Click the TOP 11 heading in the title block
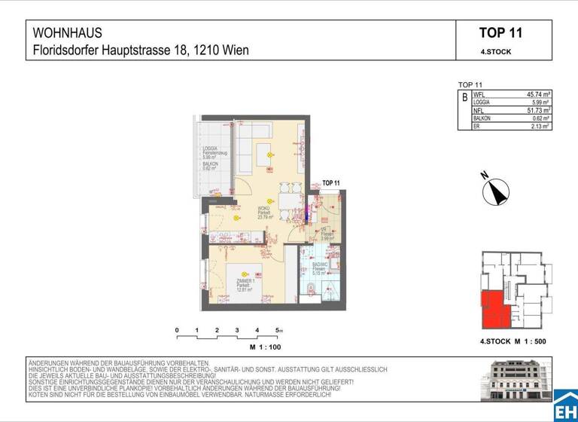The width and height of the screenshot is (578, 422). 500,33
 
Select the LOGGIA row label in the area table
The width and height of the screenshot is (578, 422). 482,102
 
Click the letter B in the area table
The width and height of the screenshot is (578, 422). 464,98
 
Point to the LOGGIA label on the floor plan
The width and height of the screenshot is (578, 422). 211,149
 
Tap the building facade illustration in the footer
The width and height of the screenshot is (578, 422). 517,381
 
